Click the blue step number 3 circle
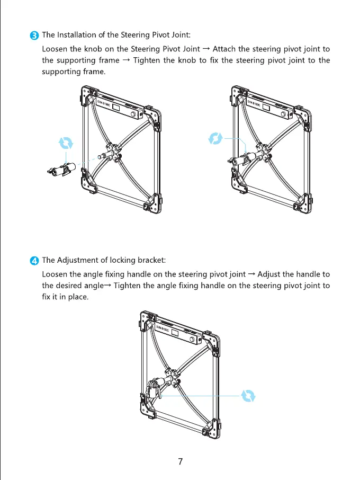click(x=34, y=35)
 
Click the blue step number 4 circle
click(x=34, y=261)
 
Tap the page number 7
click(x=180, y=461)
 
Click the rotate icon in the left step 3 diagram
click(x=66, y=143)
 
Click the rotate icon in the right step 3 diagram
click(x=215, y=139)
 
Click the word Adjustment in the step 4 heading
click(x=76, y=260)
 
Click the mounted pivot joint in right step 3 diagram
click(x=241, y=159)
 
